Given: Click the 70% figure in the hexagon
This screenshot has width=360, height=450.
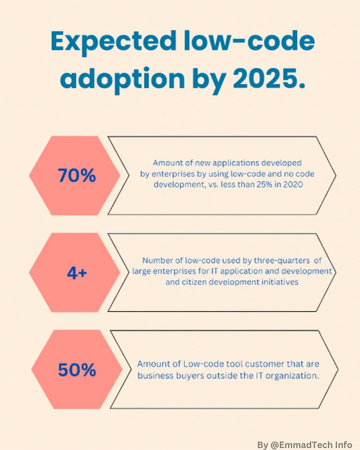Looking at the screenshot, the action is [76, 175].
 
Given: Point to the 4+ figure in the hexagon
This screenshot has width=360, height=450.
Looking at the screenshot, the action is [76, 272].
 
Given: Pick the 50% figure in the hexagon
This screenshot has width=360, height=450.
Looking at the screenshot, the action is [76, 369].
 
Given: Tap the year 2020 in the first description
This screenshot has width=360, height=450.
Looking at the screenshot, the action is [293, 184].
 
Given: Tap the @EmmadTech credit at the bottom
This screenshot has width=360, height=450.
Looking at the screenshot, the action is [299, 444].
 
